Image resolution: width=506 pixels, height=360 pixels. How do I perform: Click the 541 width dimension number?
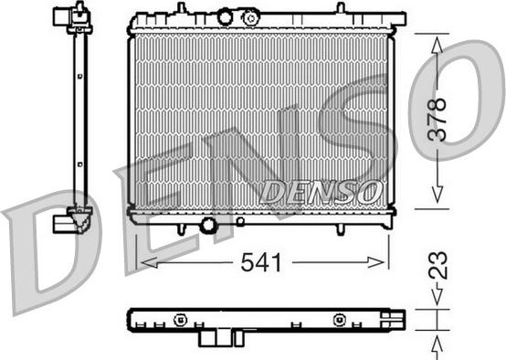[261, 262]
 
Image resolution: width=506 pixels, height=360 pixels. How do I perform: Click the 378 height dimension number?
[437, 120]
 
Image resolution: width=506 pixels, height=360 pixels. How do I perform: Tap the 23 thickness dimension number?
[437, 265]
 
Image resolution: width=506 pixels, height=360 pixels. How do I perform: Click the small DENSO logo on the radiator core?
[321, 193]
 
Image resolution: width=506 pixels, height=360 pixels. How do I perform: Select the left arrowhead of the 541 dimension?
[150, 262]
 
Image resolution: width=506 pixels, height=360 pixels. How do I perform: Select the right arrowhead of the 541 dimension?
[376, 262]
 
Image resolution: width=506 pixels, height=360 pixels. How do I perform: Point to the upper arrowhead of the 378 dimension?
[437, 45]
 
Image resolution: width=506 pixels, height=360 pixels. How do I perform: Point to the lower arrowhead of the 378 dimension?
[437, 195]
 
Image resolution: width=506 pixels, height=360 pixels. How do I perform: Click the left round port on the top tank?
[225, 17]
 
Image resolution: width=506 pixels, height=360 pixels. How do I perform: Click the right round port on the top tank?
[251, 17]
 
